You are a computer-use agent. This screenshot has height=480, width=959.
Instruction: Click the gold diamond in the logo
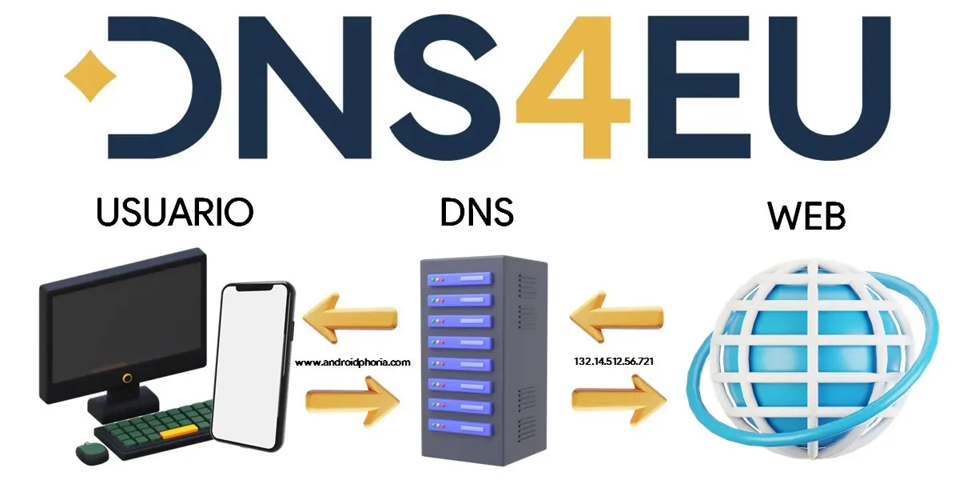[90, 77]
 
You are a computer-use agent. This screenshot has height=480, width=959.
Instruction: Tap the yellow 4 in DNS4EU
[572, 88]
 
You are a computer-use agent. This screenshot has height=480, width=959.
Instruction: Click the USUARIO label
[175, 211]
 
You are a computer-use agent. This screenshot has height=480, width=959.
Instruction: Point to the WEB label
[806, 216]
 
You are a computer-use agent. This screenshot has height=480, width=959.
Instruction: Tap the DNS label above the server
[477, 211]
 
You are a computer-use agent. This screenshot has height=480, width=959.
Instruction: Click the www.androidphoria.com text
[352, 362]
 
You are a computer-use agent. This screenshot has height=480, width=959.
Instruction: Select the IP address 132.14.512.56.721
[614, 362]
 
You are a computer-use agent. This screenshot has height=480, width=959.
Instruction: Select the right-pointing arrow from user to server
[352, 398]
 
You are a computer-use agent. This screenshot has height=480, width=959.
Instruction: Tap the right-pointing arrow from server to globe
[618, 398]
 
